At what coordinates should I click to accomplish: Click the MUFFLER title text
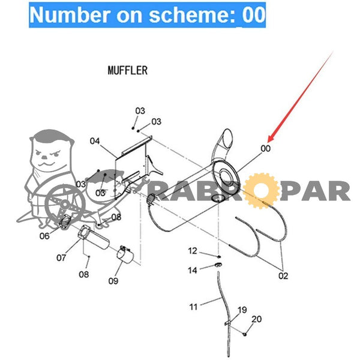pos(128,70)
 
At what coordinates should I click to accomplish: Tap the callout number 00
pos(265,149)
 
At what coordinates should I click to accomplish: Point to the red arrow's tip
pos(268,141)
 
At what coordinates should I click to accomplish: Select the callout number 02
pos(283,276)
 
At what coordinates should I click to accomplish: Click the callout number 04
pos(95,141)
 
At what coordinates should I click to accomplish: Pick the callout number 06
pos(44,236)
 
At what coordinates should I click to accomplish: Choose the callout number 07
pos(61,257)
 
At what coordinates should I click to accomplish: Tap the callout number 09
pos(113,281)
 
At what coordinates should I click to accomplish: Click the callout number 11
pos(193,307)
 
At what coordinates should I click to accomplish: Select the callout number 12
pos(193,251)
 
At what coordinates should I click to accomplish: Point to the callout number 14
pos(193,270)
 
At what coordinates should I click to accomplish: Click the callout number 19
pos(242,310)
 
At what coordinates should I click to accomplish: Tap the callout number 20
pos(257,319)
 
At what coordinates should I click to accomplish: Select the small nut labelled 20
pos(245,334)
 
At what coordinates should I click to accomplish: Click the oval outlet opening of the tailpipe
pos(227,139)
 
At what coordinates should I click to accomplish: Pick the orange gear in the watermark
pos(260,191)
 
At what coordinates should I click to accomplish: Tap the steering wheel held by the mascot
pos(65,204)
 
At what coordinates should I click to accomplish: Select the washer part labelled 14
pos(218,265)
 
